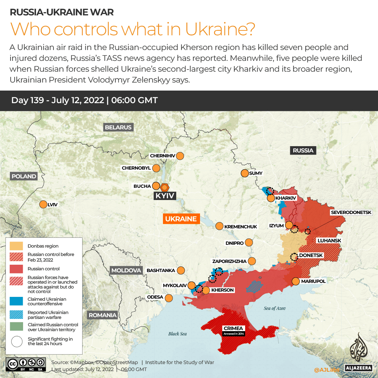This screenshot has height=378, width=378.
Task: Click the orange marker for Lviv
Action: click(43, 205)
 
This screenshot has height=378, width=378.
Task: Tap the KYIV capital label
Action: click(165, 196)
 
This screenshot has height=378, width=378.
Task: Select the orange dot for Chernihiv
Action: click(180, 156)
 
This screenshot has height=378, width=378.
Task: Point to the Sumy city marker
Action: click(244, 173)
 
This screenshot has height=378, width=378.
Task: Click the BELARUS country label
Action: click(118, 127)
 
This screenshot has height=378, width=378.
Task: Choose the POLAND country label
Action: click(24, 176)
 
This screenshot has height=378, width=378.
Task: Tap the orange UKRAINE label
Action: click(181, 219)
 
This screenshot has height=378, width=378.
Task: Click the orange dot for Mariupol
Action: click(295, 281)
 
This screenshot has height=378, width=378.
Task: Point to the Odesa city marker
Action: click(169, 298)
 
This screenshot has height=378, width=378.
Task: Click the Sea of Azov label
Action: click(274, 308)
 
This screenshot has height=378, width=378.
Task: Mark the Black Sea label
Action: click(177, 334)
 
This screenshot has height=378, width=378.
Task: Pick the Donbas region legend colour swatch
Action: click(16, 246)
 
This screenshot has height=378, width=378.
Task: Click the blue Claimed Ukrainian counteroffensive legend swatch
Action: click(16, 301)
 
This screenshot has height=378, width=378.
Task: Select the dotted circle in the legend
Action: click(16, 341)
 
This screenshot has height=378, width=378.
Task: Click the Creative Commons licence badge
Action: click(26, 364)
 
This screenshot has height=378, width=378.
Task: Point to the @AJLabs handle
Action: click(327, 370)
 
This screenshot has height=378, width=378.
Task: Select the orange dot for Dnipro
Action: click(249, 242)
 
